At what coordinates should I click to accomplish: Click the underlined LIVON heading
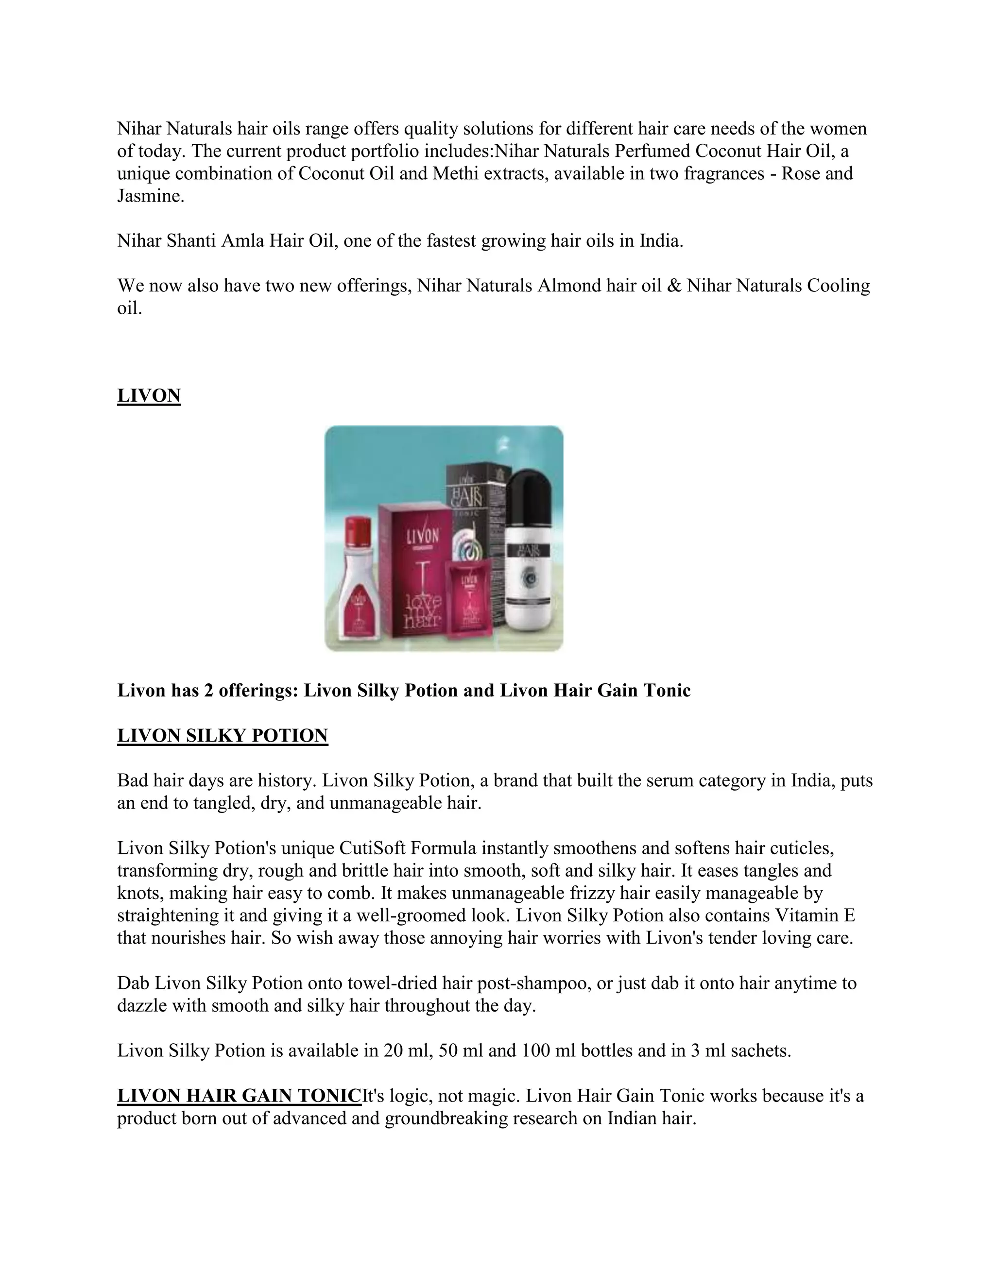tap(149, 395)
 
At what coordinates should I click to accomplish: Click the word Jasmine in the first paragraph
tap(150, 196)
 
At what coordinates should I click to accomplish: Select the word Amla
tap(242, 241)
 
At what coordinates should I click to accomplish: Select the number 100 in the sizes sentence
tap(536, 1050)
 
